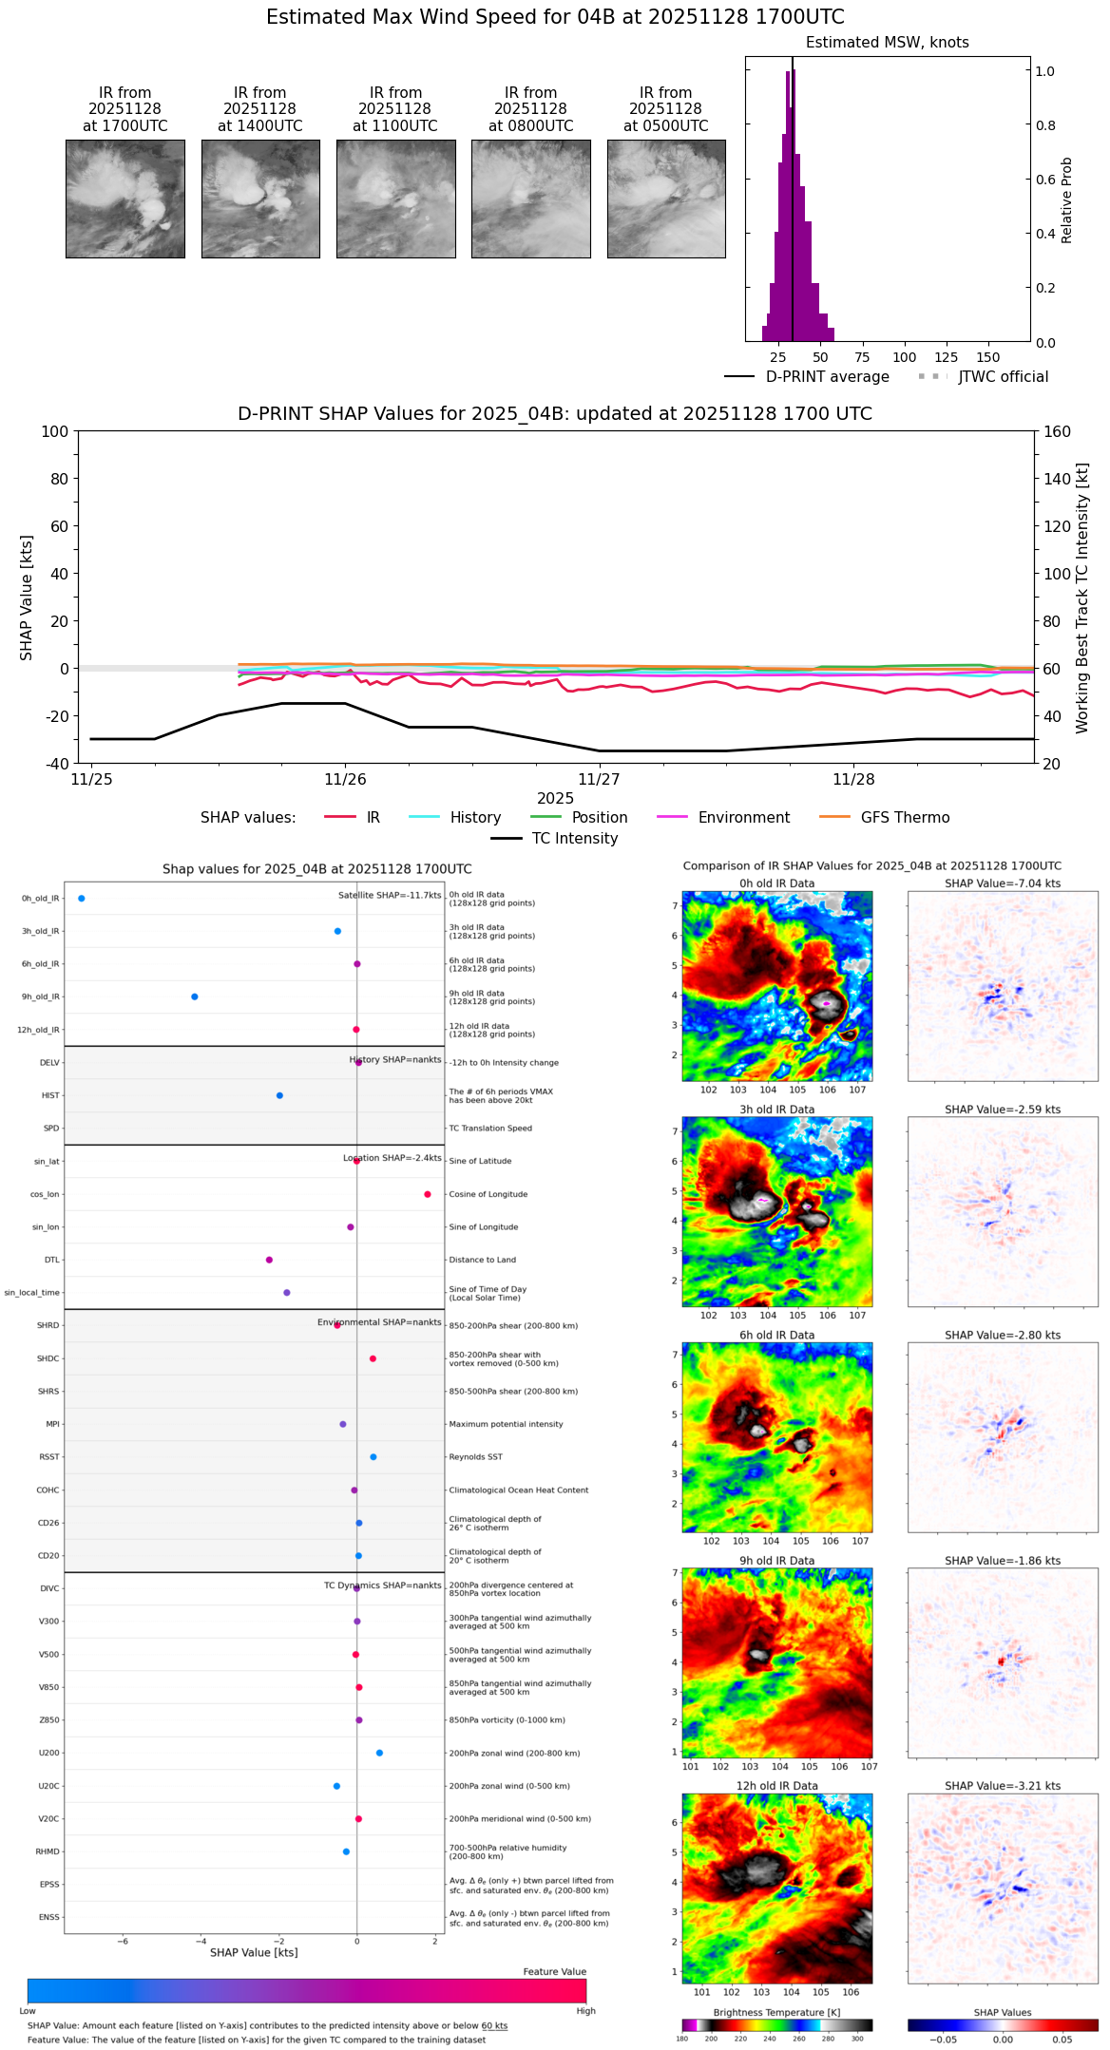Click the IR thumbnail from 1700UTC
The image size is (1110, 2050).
click(124, 199)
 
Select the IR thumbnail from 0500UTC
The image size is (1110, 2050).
click(666, 199)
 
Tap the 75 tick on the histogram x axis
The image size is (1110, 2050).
click(862, 357)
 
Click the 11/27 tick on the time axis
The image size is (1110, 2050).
click(599, 779)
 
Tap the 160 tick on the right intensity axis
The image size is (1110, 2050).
click(1057, 432)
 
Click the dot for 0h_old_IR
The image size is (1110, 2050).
click(82, 899)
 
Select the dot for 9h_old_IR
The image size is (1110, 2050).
click(195, 997)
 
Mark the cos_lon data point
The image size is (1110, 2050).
click(428, 1194)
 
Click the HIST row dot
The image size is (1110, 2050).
click(279, 1095)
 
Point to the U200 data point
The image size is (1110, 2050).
click(379, 1753)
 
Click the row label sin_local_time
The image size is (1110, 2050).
click(32, 1293)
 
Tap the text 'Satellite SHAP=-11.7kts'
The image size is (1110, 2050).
click(390, 896)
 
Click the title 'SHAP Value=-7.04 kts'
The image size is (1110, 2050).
click(1003, 883)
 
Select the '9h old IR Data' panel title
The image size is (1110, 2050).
click(776, 1561)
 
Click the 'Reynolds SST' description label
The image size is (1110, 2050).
click(475, 1457)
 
